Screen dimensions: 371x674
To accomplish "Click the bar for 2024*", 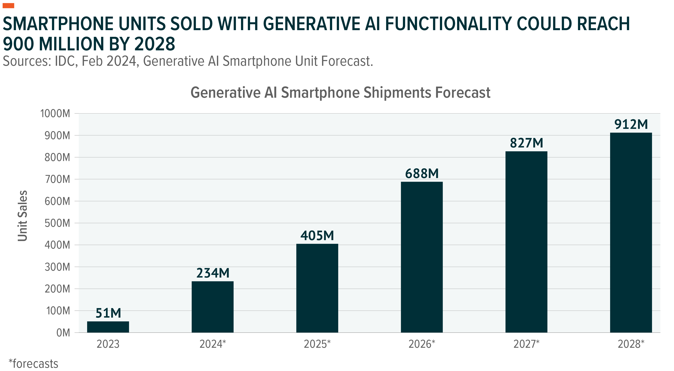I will [212, 307].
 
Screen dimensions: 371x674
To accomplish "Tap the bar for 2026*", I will [422, 257].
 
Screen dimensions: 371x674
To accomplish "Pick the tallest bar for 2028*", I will [631, 232].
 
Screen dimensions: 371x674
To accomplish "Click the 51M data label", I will [108, 313].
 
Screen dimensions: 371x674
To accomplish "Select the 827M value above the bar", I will [526, 143].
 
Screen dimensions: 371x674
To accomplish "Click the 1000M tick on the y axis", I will [55, 114].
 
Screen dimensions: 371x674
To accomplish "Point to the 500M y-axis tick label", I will [57, 223].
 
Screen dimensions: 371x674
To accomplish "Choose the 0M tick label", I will [63, 333].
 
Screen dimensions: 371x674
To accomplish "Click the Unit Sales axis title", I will [22, 216].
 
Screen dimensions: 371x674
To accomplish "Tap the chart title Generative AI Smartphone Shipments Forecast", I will [340, 92].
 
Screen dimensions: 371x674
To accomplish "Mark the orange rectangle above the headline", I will [8, 6].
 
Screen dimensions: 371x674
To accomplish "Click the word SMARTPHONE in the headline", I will [58, 24].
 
